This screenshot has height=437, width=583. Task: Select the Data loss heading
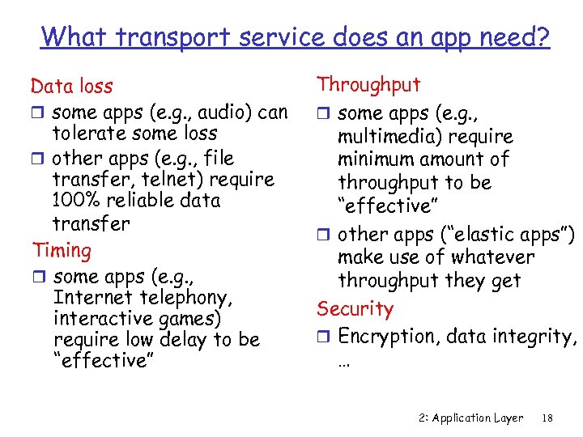click(x=71, y=86)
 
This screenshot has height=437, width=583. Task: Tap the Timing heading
click(x=62, y=250)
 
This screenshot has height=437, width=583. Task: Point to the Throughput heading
click(x=368, y=84)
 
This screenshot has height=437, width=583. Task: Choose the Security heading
click(x=355, y=308)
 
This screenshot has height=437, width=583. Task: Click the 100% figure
click(x=77, y=201)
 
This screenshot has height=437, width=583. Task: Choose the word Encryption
click(x=385, y=336)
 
